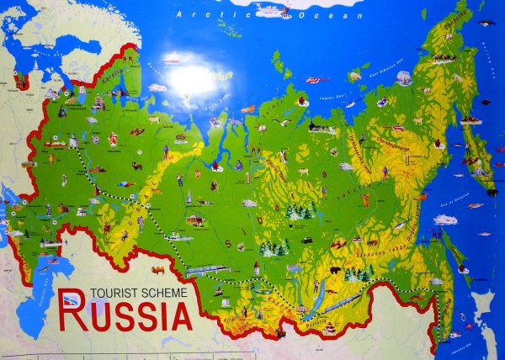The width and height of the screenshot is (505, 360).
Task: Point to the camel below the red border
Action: click(x=158, y=269)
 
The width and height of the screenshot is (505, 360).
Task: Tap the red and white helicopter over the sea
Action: click(x=312, y=81)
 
